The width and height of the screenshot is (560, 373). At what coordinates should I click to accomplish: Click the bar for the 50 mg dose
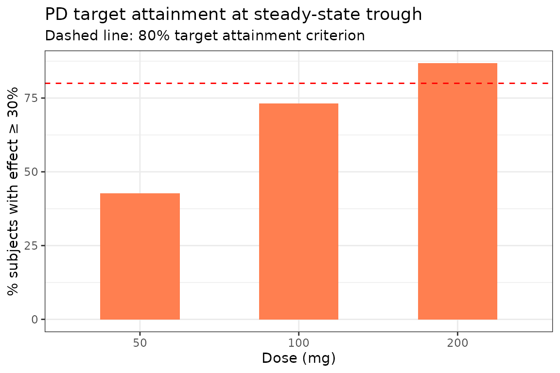pos(140,256)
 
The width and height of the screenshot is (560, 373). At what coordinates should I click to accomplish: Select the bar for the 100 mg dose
pos(298,211)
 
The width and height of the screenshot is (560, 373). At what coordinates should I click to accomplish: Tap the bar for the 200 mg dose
pos(457,191)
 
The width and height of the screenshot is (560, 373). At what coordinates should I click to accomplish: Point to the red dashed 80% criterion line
pos(298,83)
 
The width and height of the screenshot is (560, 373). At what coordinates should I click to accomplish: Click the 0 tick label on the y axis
pos(35,320)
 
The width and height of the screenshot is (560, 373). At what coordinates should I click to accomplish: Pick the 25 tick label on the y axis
pos(31,246)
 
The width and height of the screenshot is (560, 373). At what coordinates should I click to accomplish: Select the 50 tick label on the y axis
pos(31,172)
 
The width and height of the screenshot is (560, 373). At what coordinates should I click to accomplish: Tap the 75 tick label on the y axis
pos(31,98)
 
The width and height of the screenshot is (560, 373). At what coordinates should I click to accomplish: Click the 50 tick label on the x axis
pos(140,343)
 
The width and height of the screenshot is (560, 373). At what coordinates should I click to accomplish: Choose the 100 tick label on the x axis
pos(298,343)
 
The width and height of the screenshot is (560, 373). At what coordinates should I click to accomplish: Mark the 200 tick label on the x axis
pos(457,343)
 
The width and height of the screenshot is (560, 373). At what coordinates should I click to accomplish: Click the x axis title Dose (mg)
pos(298,358)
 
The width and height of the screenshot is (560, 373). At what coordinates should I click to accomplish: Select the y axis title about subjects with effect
pos(13,191)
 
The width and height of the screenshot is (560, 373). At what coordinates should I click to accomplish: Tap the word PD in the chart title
pos(57,14)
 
